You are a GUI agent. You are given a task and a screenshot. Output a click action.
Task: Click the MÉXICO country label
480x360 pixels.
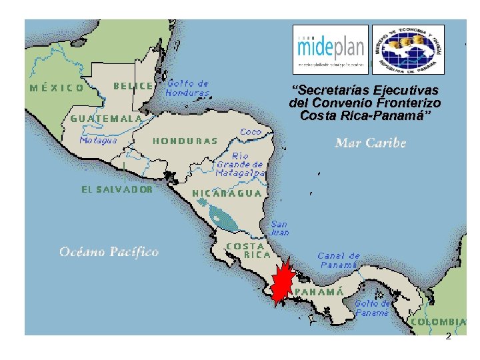57,87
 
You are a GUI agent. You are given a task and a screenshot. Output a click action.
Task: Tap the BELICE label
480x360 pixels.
134,86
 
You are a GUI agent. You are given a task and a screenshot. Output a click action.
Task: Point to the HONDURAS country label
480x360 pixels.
185,141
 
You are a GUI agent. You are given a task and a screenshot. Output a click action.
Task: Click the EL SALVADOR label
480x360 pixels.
117,189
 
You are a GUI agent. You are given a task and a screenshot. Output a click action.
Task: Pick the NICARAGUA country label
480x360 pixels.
227,193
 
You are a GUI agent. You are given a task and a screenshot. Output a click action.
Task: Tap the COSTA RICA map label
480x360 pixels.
249,250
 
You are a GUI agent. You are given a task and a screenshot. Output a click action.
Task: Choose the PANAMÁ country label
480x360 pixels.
319,292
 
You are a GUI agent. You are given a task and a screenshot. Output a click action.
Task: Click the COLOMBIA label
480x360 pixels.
438,321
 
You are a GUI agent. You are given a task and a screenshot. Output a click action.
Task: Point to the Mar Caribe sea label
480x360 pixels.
371,143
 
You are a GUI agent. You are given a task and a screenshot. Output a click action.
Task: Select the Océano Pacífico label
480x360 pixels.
109,251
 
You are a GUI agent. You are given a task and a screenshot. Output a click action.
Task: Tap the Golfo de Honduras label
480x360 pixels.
187,88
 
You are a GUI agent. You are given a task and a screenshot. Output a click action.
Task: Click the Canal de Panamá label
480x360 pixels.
339,260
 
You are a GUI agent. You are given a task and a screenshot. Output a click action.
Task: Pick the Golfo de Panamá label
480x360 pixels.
373,307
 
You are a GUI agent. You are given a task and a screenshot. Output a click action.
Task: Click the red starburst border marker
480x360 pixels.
285,281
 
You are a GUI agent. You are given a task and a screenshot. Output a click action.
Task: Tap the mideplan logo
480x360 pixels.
331,49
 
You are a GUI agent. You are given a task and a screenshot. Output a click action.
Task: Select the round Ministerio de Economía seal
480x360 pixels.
407,49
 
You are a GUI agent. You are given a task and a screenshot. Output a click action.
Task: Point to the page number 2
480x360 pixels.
448,337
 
